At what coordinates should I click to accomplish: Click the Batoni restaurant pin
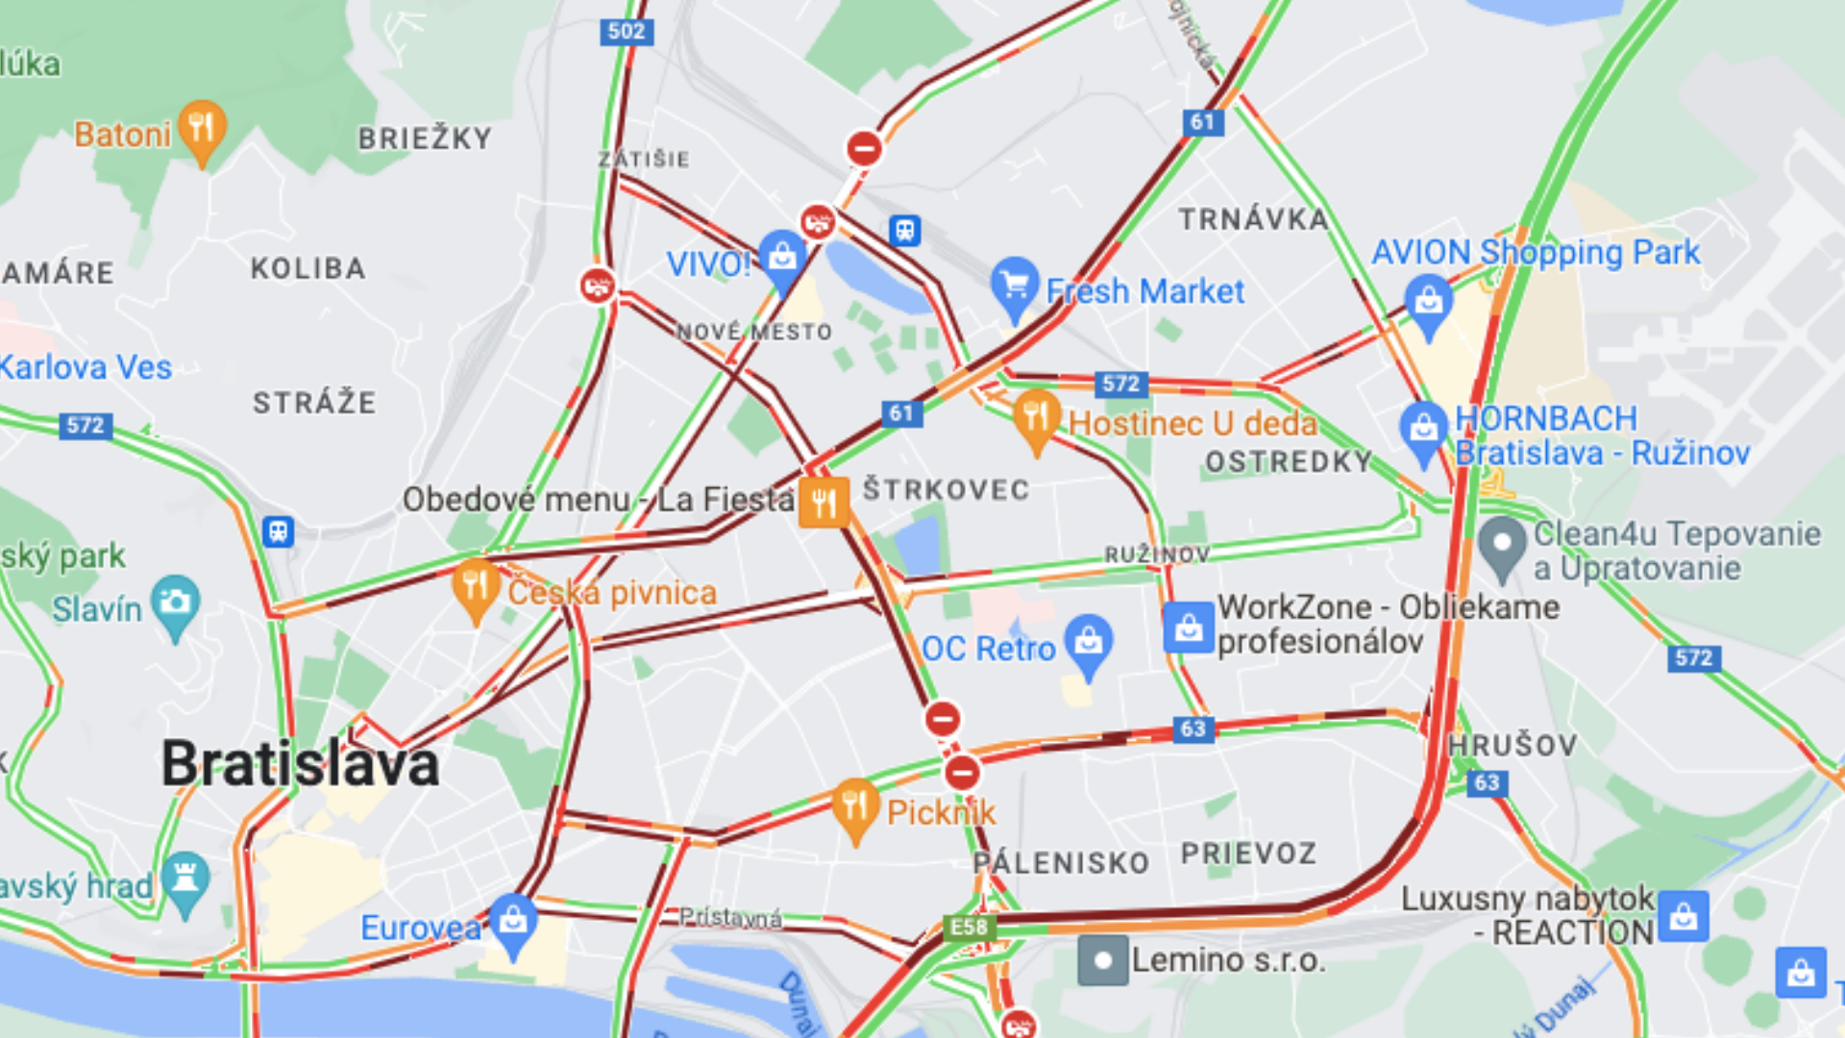(x=202, y=128)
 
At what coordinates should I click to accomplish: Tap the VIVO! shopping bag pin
(x=782, y=257)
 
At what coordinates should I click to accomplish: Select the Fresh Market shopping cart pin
(x=1014, y=284)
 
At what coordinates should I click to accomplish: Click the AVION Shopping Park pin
(x=1429, y=301)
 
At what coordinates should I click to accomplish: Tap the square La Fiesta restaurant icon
(x=824, y=502)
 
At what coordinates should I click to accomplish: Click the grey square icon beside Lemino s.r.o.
(x=1103, y=960)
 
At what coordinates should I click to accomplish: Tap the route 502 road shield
(x=627, y=32)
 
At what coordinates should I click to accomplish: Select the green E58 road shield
(x=969, y=927)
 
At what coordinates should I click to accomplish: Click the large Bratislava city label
(x=300, y=764)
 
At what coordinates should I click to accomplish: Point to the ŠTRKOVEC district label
(x=946, y=489)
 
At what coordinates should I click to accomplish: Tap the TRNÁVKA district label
(x=1253, y=219)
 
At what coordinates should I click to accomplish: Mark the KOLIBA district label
(x=307, y=268)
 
